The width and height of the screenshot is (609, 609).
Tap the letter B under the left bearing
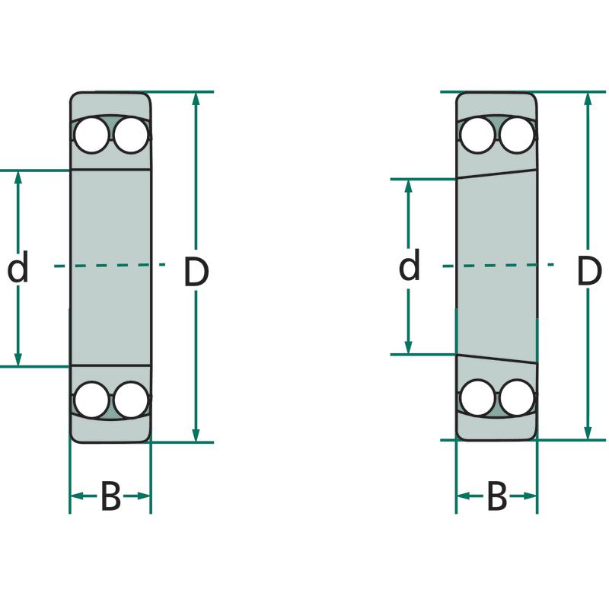[111, 497]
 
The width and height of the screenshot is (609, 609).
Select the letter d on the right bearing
[410, 266]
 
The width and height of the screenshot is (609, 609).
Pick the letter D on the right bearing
[588, 271]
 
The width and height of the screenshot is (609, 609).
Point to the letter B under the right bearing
[497, 497]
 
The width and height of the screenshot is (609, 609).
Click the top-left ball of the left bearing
[91, 135]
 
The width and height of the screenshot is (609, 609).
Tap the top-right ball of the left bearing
[129, 135]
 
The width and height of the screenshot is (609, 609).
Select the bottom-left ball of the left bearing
[91, 400]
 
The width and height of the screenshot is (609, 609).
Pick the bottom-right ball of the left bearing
[129, 400]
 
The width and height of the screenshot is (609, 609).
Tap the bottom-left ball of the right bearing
[478, 397]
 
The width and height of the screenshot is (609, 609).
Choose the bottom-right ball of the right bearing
[516, 397]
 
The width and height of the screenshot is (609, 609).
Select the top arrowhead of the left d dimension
[18, 177]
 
